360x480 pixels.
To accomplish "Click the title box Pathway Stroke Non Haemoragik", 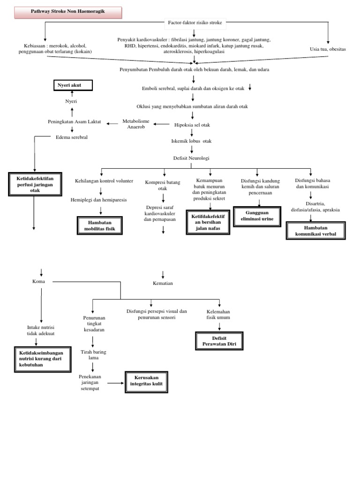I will pyautogui.click(x=68, y=13).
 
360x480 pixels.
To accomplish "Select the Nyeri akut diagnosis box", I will pyautogui.click(x=72, y=85).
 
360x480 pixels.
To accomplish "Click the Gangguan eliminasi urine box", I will pyautogui.click(x=257, y=216).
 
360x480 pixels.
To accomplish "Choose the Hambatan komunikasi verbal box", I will pyautogui.click(x=315, y=230).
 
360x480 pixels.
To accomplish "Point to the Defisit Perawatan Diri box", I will pyautogui.click(x=219, y=341).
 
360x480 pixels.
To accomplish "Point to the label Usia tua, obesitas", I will pyautogui.click(x=328, y=49).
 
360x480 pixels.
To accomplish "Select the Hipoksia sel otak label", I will pyautogui.click(x=192, y=125).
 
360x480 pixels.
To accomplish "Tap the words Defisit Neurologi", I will pyautogui.click(x=192, y=158).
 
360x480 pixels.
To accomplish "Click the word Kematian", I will pyautogui.click(x=163, y=283).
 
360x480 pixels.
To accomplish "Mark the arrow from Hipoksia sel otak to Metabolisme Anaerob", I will pyautogui.click(x=162, y=124).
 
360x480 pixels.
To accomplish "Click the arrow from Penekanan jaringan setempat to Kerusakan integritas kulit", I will pyautogui.click(x=114, y=383).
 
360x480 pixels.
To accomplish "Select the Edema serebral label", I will pyautogui.click(x=71, y=137).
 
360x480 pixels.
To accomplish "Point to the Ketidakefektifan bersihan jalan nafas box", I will pyautogui.click(x=208, y=222).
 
